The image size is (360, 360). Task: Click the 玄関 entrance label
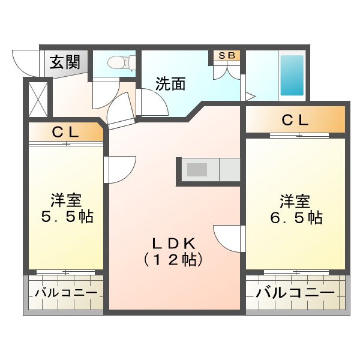(65, 62)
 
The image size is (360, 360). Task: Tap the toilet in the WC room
(122, 62)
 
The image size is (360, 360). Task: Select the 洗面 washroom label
(170, 84)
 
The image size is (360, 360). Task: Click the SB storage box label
(227, 56)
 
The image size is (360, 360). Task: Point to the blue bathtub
(292, 75)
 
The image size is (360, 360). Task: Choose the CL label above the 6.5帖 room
(295, 120)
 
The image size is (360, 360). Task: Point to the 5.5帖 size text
(65, 217)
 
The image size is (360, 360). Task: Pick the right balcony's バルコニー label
(295, 293)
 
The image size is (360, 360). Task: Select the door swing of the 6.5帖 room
(229, 238)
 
